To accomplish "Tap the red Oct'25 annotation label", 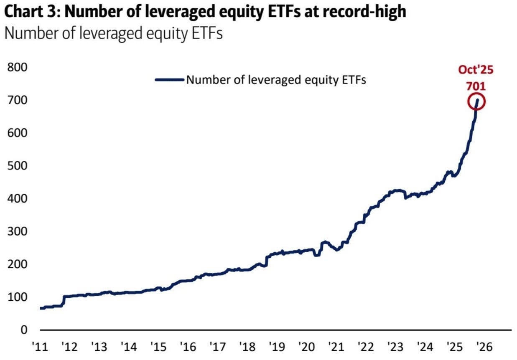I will [476, 69].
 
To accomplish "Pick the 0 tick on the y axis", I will [23, 330].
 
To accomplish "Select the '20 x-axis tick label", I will [306, 347].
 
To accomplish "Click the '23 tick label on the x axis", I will [395, 347].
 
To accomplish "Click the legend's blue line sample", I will [169, 79].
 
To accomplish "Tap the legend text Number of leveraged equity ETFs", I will [276, 80].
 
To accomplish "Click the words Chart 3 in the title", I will [29, 11].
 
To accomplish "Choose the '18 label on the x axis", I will [247, 347].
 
